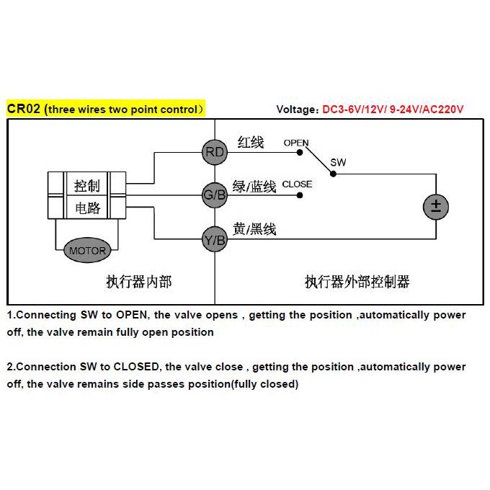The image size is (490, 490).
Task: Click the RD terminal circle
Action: point(215,151)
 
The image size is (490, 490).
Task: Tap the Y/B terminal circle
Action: point(215,241)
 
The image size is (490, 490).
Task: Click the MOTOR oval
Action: point(88,251)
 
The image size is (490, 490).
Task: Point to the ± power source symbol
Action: point(435,206)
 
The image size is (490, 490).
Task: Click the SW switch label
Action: point(338,163)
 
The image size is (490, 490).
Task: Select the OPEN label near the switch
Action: point(295,143)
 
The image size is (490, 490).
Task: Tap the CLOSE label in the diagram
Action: point(297,184)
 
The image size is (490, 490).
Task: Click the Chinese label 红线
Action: point(250,143)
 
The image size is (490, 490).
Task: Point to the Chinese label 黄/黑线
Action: point(254,230)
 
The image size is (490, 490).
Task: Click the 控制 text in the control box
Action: point(87,186)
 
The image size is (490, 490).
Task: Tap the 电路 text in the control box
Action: point(87,209)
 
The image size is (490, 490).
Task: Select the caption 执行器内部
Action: point(139,282)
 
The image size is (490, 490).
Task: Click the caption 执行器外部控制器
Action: point(357,282)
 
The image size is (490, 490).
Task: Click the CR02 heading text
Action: point(22,109)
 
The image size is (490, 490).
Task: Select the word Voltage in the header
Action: point(296,110)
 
